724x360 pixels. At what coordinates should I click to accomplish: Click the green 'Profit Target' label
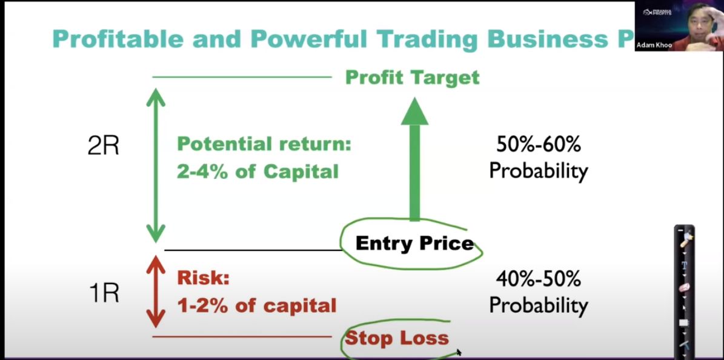pyautogui.click(x=413, y=77)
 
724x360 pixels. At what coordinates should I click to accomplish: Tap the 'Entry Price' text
pyautogui.click(x=414, y=244)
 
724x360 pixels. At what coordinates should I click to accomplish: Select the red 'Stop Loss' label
pyautogui.click(x=397, y=338)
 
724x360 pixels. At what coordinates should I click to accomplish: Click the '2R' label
pyautogui.click(x=104, y=146)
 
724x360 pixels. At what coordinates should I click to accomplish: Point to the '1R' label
pyautogui.click(x=104, y=293)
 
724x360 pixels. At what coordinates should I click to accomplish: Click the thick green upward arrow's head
pyautogui.click(x=414, y=112)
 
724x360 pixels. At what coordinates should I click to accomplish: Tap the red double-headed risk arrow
pyautogui.click(x=156, y=292)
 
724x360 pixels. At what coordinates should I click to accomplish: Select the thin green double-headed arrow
pyautogui.click(x=156, y=165)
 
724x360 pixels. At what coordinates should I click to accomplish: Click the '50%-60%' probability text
pyautogui.click(x=539, y=145)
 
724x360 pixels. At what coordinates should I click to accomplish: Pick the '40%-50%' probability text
pyautogui.click(x=539, y=279)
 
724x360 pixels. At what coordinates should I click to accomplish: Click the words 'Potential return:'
pyautogui.click(x=264, y=144)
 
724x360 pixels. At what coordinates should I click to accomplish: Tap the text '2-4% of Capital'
pyautogui.click(x=257, y=172)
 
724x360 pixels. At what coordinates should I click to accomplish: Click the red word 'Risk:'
pyautogui.click(x=203, y=278)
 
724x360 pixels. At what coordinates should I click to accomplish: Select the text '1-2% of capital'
pyautogui.click(x=257, y=305)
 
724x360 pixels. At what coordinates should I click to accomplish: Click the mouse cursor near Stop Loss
pyautogui.click(x=459, y=352)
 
